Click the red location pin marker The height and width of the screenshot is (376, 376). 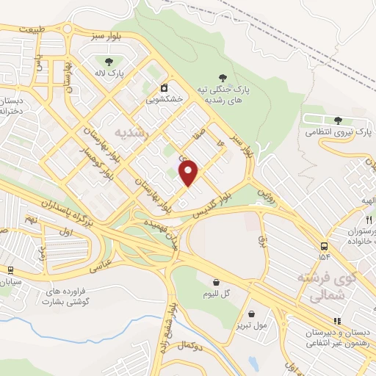click(x=189, y=172)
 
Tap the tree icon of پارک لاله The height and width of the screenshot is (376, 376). click(x=109, y=62)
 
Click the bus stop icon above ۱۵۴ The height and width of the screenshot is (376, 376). click(x=324, y=246)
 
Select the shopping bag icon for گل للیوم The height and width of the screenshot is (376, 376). click(x=216, y=281)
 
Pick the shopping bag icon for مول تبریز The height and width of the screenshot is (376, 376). click(x=252, y=312)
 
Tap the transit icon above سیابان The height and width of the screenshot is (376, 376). click(x=10, y=271)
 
